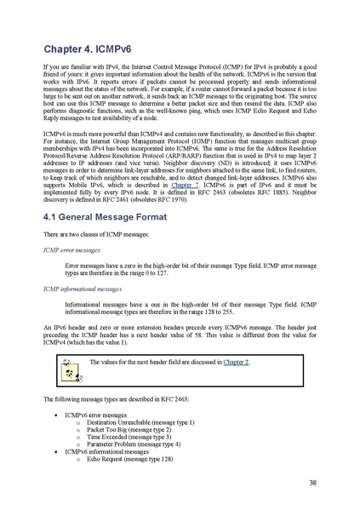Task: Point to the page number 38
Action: (x=312, y=481)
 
